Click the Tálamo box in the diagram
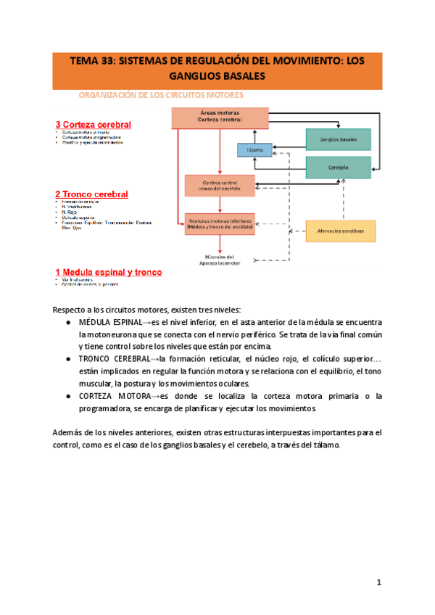click(x=254, y=150)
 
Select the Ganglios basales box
click(x=338, y=139)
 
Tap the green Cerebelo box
click(x=338, y=168)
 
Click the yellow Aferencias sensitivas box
click(x=341, y=231)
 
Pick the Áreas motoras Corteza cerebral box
click(x=220, y=117)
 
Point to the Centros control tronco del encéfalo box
click(x=220, y=186)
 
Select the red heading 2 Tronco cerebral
click(x=91, y=194)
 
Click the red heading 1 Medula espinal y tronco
click(x=109, y=273)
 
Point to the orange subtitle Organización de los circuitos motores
click(x=160, y=95)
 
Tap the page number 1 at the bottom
click(x=378, y=582)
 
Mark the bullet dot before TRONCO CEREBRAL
click(x=67, y=359)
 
